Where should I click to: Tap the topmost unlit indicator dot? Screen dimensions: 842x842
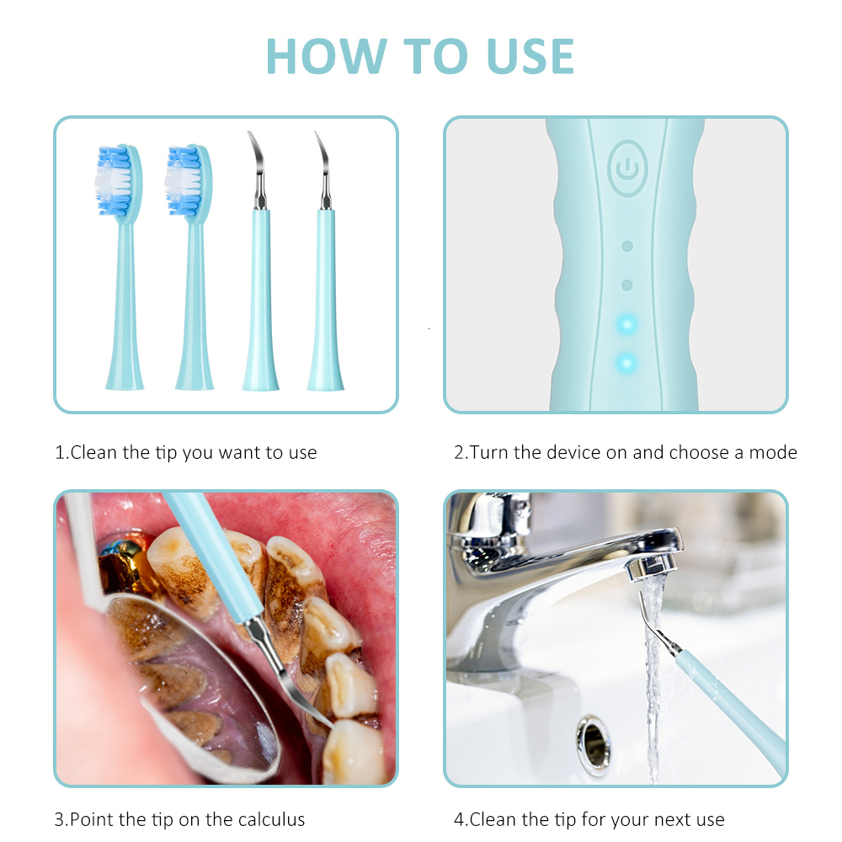pyautogui.click(x=626, y=246)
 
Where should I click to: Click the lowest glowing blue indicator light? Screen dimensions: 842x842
pyautogui.click(x=626, y=363)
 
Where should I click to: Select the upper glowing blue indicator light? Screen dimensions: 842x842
pyautogui.click(x=626, y=323)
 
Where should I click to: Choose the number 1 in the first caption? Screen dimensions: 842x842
pyautogui.click(x=60, y=452)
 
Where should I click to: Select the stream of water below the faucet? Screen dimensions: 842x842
pyautogui.click(x=653, y=699)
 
